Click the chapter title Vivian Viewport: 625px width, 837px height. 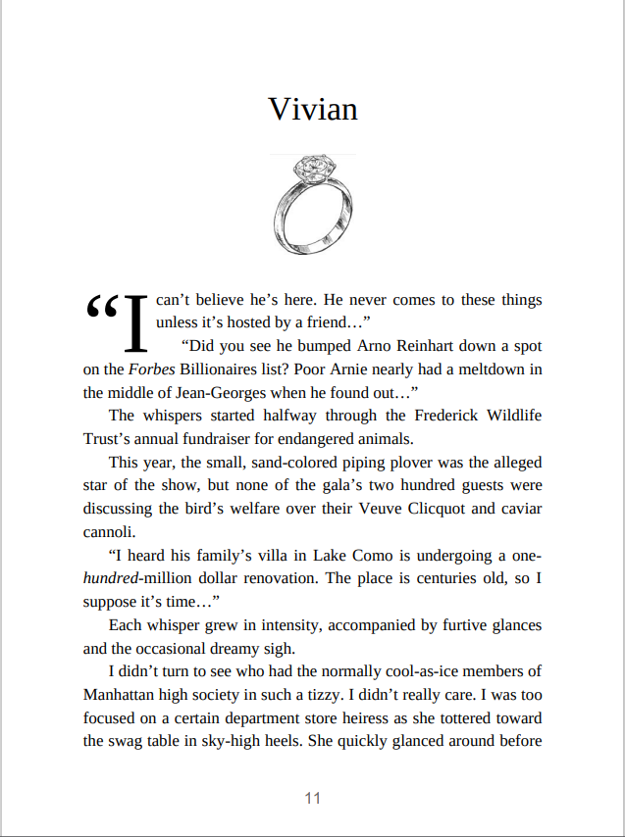coord(312,109)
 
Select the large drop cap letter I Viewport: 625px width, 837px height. coord(136,322)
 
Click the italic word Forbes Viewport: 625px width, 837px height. coord(151,369)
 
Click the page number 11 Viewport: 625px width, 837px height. coord(312,799)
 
